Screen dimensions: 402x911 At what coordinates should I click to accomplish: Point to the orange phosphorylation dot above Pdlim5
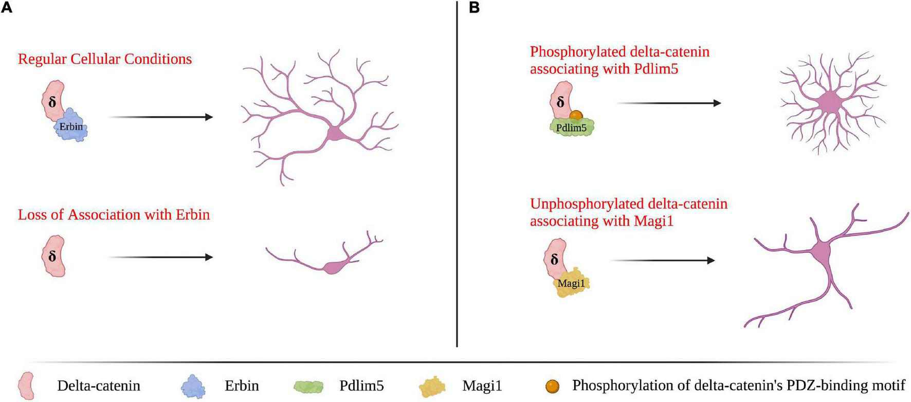[x=576, y=115]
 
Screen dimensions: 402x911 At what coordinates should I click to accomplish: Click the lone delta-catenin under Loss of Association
[x=53, y=256]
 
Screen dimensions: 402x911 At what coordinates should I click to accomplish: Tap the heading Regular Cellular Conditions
[x=105, y=59]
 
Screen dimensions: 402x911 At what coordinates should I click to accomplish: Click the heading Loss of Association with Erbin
[x=114, y=214]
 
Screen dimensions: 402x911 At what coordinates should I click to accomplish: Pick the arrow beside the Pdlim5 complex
[x=669, y=103]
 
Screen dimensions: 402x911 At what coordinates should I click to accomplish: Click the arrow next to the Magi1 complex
[x=663, y=261]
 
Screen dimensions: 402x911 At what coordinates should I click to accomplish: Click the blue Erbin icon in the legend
[x=194, y=386]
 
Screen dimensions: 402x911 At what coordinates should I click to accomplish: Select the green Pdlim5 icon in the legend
[x=308, y=386]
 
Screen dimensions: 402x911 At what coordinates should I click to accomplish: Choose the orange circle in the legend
[x=554, y=386]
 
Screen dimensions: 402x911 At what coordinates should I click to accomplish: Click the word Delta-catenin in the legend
[x=99, y=386]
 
